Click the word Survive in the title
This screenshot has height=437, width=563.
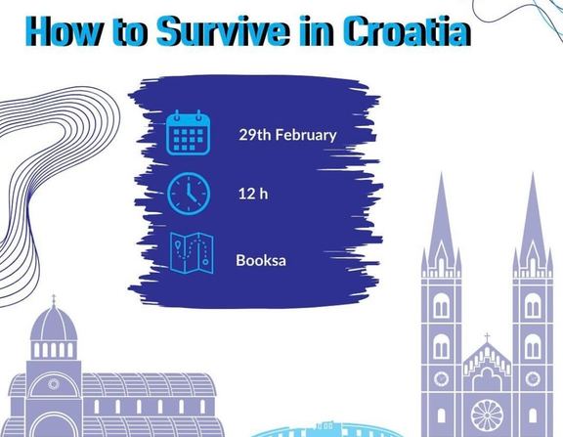pos(223,31)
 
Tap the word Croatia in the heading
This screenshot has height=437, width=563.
pos(407,31)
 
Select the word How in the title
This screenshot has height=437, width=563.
pos(64,31)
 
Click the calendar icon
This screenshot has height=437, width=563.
pos(188,133)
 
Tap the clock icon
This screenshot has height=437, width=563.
pos(189,194)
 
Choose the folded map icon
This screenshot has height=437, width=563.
pos(192,253)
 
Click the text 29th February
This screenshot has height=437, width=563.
pos(287,135)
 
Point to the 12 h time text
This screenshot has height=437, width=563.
pos(253,194)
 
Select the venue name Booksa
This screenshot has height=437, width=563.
pos(261,260)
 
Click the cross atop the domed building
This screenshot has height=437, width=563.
pos(54,299)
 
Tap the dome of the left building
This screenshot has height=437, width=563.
pos(54,324)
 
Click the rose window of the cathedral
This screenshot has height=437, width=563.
pos(487,415)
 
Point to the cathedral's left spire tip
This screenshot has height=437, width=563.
pos(441,173)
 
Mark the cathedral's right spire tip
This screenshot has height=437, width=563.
pos(533,173)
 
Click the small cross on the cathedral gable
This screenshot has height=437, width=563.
pos(487,337)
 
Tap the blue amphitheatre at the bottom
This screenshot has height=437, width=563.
pos(326,431)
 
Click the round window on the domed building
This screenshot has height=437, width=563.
pos(54,384)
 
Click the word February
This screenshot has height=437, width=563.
pos(306,135)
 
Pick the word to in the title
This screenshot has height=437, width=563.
pos(130,33)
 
